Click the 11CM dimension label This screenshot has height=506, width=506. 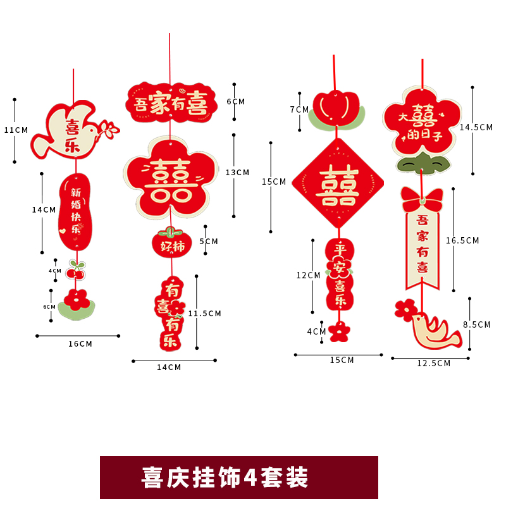[16, 130]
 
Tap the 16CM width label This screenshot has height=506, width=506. [80, 344]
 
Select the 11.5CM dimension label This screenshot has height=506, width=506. [205, 313]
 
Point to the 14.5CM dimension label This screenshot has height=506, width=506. [476, 127]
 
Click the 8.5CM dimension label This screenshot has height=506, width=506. [477, 324]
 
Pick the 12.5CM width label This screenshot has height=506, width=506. [434, 363]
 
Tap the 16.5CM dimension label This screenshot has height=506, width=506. [462, 240]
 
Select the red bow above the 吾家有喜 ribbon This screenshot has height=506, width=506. [422, 200]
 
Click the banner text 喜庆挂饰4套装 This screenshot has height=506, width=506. [238, 478]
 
